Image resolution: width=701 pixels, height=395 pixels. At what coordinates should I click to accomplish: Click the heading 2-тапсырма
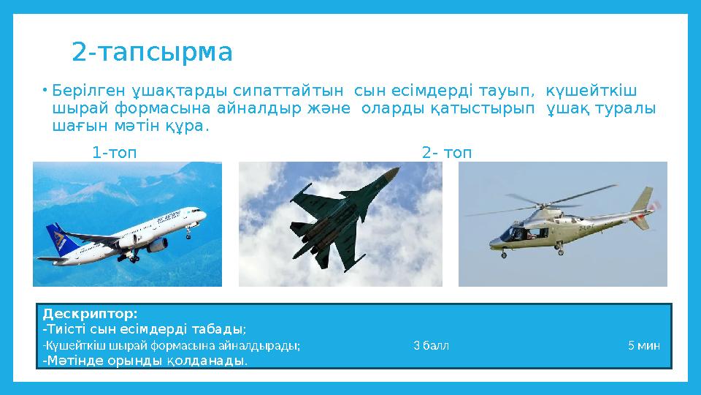[152, 53]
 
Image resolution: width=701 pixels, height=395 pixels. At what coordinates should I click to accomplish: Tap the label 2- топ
[446, 153]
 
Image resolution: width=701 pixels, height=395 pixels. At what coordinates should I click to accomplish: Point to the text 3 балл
[431, 345]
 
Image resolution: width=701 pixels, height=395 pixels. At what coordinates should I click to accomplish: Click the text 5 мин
[644, 345]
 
